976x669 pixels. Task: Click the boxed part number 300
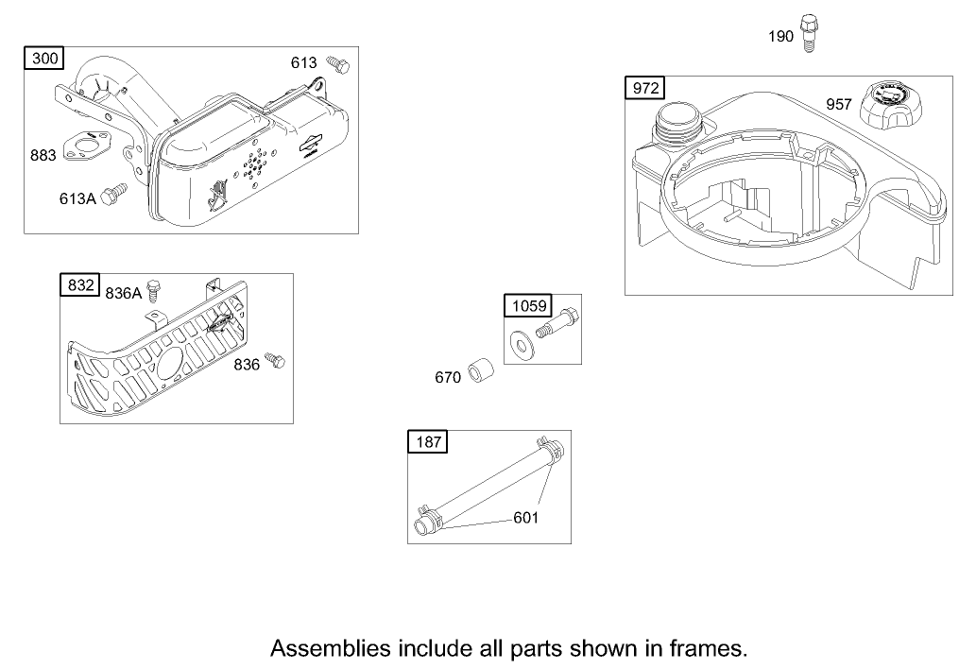click(44, 60)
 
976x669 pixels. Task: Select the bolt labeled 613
click(338, 64)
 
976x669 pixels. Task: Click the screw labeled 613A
click(114, 193)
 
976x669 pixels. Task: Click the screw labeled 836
click(274, 359)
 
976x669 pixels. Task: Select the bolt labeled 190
click(807, 34)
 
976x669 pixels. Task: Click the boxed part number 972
click(645, 89)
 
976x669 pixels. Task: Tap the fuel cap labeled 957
click(890, 108)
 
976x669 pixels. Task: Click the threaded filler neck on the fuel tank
click(676, 122)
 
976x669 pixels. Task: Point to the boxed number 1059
click(528, 305)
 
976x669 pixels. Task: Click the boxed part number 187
click(428, 441)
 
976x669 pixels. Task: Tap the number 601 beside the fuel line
click(527, 518)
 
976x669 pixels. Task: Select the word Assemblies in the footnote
click(330, 648)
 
